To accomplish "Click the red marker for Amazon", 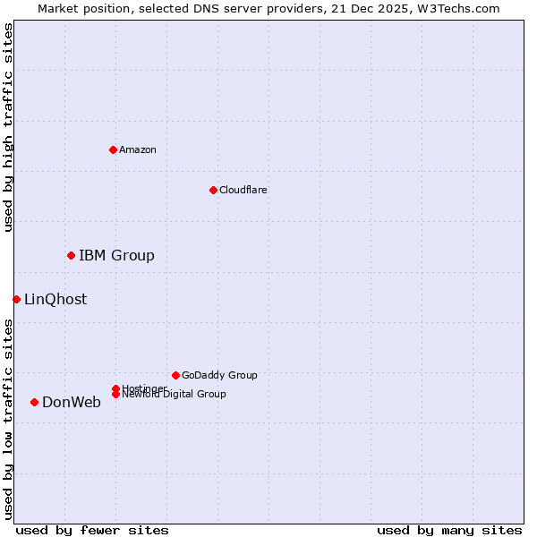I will (x=113, y=149).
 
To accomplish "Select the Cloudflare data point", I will (x=213, y=190).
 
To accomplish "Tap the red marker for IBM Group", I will (x=71, y=256).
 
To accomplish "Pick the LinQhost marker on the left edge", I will (x=16, y=299).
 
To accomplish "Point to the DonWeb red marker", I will (x=34, y=403).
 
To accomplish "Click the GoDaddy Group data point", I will (x=175, y=375).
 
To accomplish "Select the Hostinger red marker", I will (x=115, y=388).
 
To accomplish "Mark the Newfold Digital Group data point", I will (x=115, y=395).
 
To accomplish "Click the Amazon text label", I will (x=138, y=149).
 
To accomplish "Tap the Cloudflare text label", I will (x=243, y=190).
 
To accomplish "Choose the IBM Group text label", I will (x=116, y=256).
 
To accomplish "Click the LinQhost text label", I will (x=55, y=300).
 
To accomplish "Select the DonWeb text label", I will (x=72, y=403).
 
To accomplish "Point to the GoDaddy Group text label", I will (x=219, y=375).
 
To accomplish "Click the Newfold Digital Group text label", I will (x=175, y=395).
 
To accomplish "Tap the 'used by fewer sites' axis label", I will (x=92, y=530).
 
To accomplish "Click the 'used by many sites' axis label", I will (x=449, y=530).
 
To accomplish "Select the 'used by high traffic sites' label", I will (x=9, y=127).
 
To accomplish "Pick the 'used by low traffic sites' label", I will (x=9, y=419).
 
